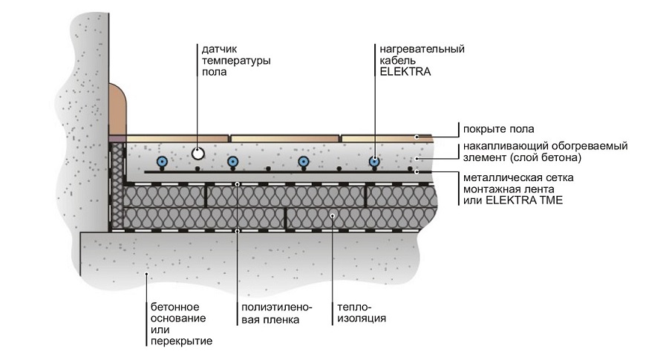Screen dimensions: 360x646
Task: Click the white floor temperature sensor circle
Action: tap(198, 154)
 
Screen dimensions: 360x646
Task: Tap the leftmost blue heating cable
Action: tap(161, 162)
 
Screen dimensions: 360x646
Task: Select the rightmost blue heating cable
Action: tap(376, 162)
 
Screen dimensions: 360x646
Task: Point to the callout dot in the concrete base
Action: tap(148, 274)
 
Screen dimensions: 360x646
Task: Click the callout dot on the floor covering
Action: tap(419, 137)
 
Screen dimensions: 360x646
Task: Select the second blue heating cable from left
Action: tap(233, 162)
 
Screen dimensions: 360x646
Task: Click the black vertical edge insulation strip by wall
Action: tap(116, 186)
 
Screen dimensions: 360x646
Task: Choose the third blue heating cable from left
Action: tap(303, 162)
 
